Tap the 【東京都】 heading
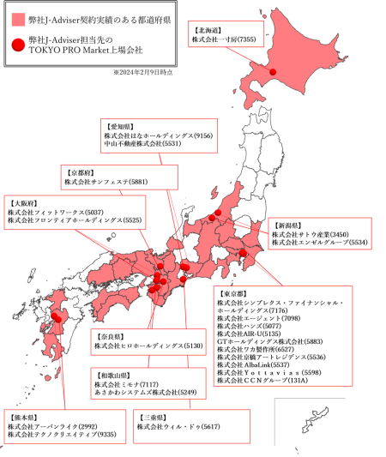point(233,294)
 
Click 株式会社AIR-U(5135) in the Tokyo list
point(249,334)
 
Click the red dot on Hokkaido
point(274,72)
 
